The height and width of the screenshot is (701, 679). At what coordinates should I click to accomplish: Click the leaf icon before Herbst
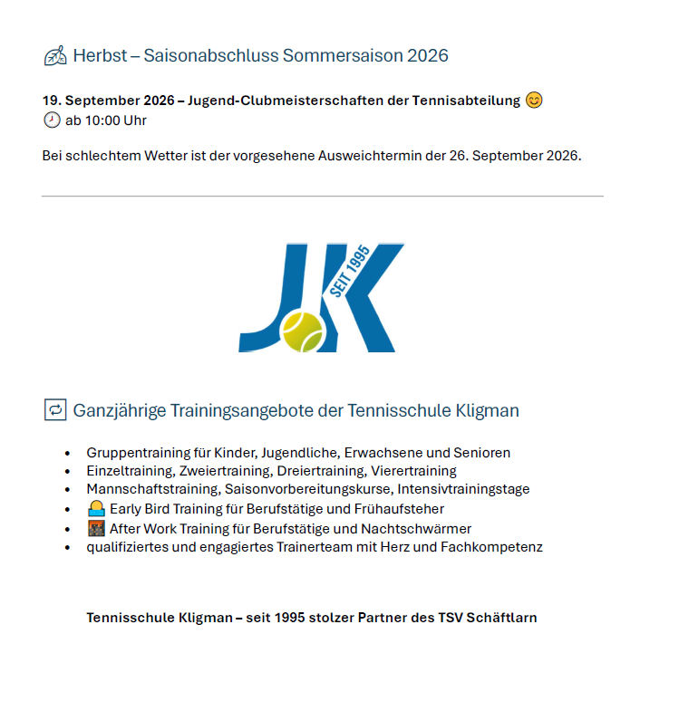tap(55, 56)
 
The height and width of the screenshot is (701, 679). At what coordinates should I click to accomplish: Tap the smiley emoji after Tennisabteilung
tap(534, 101)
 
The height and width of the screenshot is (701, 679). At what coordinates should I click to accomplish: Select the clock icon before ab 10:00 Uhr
tap(52, 120)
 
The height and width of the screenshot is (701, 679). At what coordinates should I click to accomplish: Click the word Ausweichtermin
tap(373, 156)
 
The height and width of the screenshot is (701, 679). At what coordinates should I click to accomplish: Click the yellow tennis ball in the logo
tap(303, 331)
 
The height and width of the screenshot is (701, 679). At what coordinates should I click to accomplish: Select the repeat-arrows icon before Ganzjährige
tap(54, 409)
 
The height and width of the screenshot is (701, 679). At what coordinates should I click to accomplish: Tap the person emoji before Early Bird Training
tap(96, 509)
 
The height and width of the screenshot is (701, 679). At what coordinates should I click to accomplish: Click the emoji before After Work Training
tap(96, 528)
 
